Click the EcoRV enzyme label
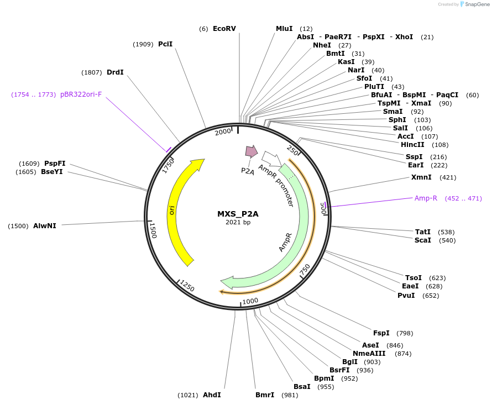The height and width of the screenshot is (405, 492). point(224,29)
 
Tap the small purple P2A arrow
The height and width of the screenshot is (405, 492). point(251,151)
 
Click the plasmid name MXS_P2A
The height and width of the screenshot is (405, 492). point(238,214)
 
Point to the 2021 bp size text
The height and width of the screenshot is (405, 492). point(238,223)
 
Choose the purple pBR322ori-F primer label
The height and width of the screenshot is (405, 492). point(81,94)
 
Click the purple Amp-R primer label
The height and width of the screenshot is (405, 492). point(426,198)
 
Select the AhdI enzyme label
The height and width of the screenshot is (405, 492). point(212,395)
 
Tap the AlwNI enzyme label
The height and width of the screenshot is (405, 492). point(44,225)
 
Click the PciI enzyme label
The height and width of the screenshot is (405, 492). point(165,44)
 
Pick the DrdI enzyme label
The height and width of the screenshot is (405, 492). point(115,72)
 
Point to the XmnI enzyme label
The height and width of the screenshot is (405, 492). point(421,177)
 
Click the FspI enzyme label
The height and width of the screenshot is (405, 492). point(381,333)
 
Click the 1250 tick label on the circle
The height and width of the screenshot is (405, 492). point(187,286)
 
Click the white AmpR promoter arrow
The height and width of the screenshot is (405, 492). point(271,159)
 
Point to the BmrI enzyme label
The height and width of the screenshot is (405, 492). point(265,395)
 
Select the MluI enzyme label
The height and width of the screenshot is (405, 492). point(284,29)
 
